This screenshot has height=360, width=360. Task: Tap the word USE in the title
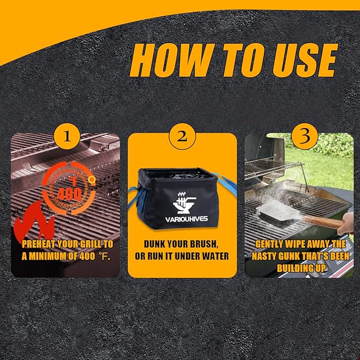(x=305, y=60)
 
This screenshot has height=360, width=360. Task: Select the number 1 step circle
(x=67, y=137)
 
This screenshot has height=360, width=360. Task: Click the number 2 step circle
(x=182, y=137)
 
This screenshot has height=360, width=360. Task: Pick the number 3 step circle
(x=305, y=137)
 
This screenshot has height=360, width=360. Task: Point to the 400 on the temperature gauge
(x=69, y=195)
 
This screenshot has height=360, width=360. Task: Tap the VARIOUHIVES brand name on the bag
(x=187, y=219)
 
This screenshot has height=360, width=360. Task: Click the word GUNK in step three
(x=294, y=256)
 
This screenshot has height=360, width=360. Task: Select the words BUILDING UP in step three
(x=301, y=268)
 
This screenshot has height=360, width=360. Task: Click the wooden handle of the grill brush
(x=324, y=222)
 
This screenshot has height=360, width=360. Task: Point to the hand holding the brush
(x=345, y=223)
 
